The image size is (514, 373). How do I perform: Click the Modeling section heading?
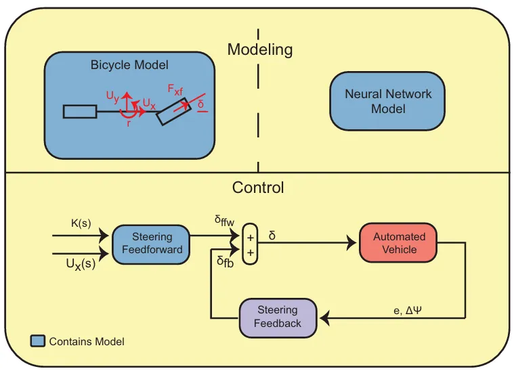260,50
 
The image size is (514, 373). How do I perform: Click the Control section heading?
258,188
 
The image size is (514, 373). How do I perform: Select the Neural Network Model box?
387,101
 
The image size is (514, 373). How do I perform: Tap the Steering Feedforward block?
151,244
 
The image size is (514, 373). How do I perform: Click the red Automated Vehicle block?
398,243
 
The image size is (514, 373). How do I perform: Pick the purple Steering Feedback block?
278,317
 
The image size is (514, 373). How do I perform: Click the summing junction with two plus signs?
250,244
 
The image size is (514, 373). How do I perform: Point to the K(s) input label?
81,223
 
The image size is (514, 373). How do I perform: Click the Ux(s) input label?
81,264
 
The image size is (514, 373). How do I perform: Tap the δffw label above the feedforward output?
225,220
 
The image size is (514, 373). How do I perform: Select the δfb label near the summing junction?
226,262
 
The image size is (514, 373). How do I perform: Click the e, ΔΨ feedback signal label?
408,310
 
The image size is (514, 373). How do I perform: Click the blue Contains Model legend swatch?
38,341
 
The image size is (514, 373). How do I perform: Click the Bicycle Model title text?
129,64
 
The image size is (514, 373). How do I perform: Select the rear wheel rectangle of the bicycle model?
80,112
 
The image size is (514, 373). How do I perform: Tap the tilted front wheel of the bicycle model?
174,112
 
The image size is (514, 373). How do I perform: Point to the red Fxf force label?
175,89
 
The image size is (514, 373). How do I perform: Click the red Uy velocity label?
112,97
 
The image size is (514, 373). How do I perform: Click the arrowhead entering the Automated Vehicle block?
351,243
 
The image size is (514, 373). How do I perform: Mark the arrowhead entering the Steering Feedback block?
325,318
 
